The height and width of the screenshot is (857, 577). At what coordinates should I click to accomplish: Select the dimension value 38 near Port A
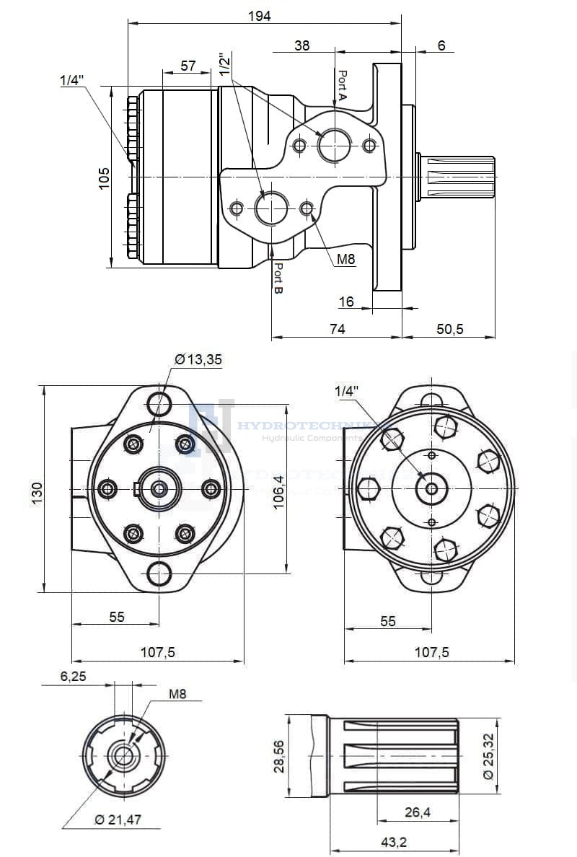coord(302,45)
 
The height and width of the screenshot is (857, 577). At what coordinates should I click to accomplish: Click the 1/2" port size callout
coord(226,64)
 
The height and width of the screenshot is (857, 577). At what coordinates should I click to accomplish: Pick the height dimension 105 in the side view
coord(104,177)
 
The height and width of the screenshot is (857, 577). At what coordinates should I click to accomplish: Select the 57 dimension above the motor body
coord(188,66)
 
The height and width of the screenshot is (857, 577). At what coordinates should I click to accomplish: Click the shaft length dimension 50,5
coord(449,329)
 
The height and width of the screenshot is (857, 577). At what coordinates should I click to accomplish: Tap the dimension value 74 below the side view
coord(337,329)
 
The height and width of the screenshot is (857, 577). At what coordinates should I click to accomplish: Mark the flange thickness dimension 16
coord(346,302)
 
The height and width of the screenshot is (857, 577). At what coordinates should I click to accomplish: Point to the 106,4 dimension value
coord(279,496)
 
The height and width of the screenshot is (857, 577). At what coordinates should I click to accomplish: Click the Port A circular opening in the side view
coord(334,146)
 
